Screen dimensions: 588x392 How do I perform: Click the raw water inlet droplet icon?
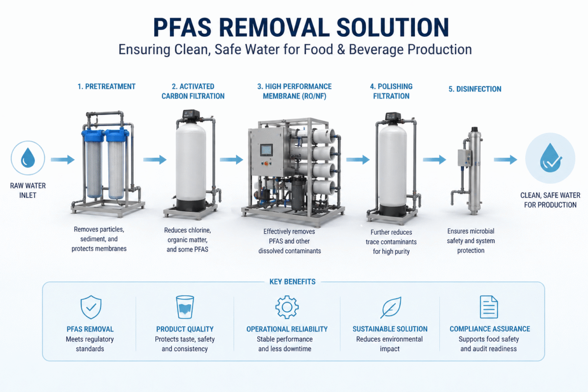click(x=27, y=159)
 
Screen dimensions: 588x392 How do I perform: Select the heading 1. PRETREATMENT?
click(x=106, y=87)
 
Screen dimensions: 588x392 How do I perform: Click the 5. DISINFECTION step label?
click(x=475, y=89)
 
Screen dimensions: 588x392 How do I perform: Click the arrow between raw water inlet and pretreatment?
click(x=62, y=159)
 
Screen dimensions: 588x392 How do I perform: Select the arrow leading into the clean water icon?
click(x=505, y=159)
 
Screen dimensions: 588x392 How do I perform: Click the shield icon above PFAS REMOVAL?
click(x=90, y=308)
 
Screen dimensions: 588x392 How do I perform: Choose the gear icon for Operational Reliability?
click(x=287, y=307)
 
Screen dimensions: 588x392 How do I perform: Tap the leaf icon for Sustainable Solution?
click(x=391, y=308)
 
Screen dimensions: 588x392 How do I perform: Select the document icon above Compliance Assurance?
click(x=489, y=307)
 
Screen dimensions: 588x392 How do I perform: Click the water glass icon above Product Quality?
click(x=185, y=308)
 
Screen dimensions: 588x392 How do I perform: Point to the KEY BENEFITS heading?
click(x=293, y=282)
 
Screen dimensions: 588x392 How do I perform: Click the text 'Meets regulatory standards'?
click(x=90, y=344)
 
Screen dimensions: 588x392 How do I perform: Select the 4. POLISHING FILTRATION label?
click(x=391, y=91)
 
